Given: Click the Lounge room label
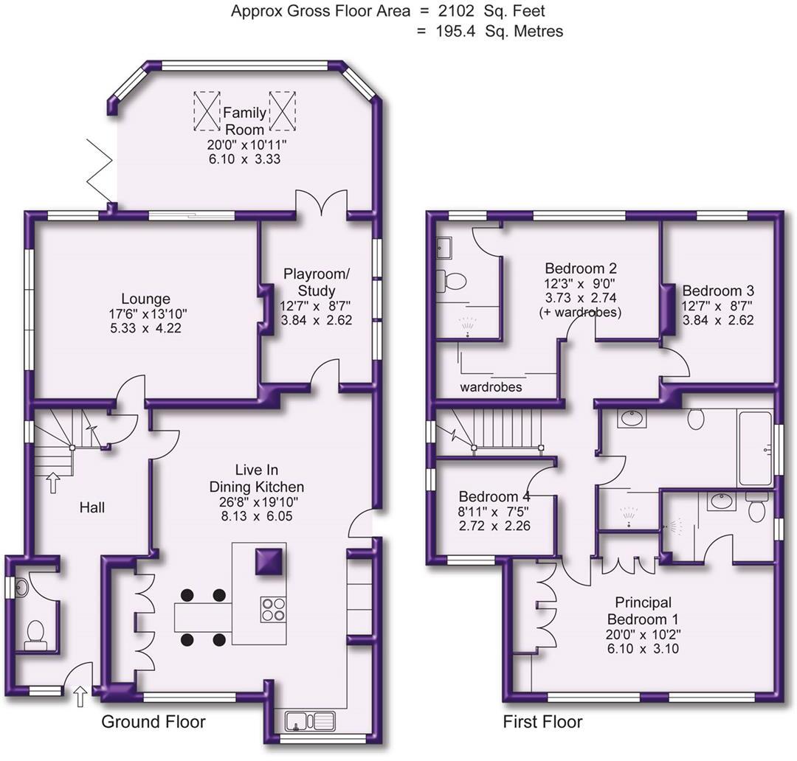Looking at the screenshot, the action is pos(146,299).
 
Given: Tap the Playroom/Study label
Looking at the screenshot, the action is pos(316,282).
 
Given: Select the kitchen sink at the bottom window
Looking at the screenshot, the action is pos(309,721).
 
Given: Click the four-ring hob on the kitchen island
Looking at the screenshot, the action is pos(273,609).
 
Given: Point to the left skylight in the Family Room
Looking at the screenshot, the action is pos(207,111).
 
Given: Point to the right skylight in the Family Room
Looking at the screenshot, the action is pos(282,111).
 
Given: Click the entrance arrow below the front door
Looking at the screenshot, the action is pos(80,696).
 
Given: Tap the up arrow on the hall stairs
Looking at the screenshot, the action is pos(53,483).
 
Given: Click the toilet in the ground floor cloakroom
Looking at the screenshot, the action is pos(35,635).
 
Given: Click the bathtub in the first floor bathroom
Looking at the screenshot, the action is pos(754,448).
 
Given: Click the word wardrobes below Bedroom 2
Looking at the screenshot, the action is pos(491,387).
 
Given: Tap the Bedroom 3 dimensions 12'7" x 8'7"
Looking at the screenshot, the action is pos(717,306).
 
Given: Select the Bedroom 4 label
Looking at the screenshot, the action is pos(494,496).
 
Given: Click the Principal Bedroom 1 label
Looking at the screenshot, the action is pos(643,611).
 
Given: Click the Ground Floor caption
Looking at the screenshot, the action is pos(153,721).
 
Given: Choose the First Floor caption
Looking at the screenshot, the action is pos(543,721).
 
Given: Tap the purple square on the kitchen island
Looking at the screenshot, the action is pos(269,561).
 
